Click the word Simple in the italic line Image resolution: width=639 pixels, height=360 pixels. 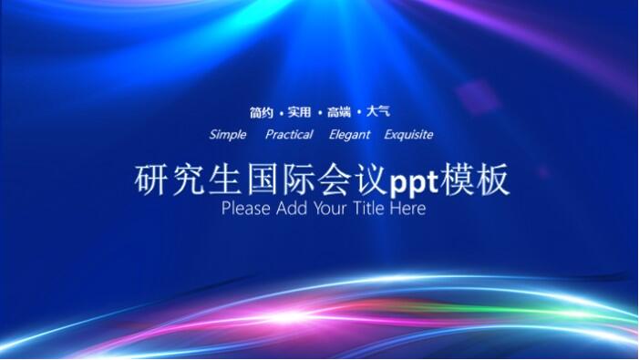click(228, 135)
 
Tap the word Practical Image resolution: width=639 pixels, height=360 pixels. click(289, 135)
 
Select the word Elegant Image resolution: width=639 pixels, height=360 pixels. click(350, 135)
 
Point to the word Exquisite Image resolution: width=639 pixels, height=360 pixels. click(408, 135)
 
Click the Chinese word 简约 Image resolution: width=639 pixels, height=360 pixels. click(261, 112)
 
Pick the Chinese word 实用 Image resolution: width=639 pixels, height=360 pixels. click(299, 112)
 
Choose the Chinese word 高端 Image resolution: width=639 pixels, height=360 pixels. click(339, 112)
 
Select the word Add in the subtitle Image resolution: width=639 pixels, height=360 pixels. click(290, 209)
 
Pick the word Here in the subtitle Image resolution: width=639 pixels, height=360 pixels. click(408, 209)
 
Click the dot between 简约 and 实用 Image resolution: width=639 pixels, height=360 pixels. click(280, 113)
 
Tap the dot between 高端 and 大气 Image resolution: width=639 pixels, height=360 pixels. click(359, 113)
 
